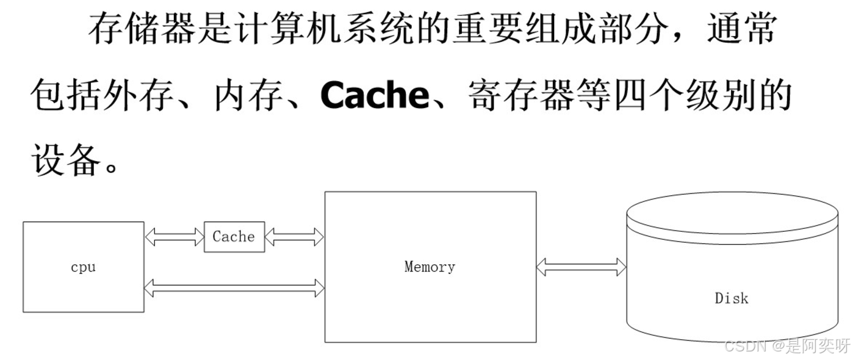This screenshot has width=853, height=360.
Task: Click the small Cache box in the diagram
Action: [234, 237]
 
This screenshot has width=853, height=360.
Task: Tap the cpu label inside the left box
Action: [83, 267]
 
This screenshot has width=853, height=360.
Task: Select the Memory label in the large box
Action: [430, 267]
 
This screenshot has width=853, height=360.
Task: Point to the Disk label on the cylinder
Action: [731, 298]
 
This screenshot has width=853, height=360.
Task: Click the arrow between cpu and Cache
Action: [174, 237]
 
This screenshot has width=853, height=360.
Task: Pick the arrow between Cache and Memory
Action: [294, 237]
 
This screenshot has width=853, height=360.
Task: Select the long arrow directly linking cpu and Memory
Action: [234, 288]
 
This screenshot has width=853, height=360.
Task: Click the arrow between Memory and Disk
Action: [581, 267]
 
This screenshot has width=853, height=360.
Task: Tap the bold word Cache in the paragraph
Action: [375, 95]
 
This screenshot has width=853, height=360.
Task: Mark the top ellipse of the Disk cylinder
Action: [732, 212]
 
